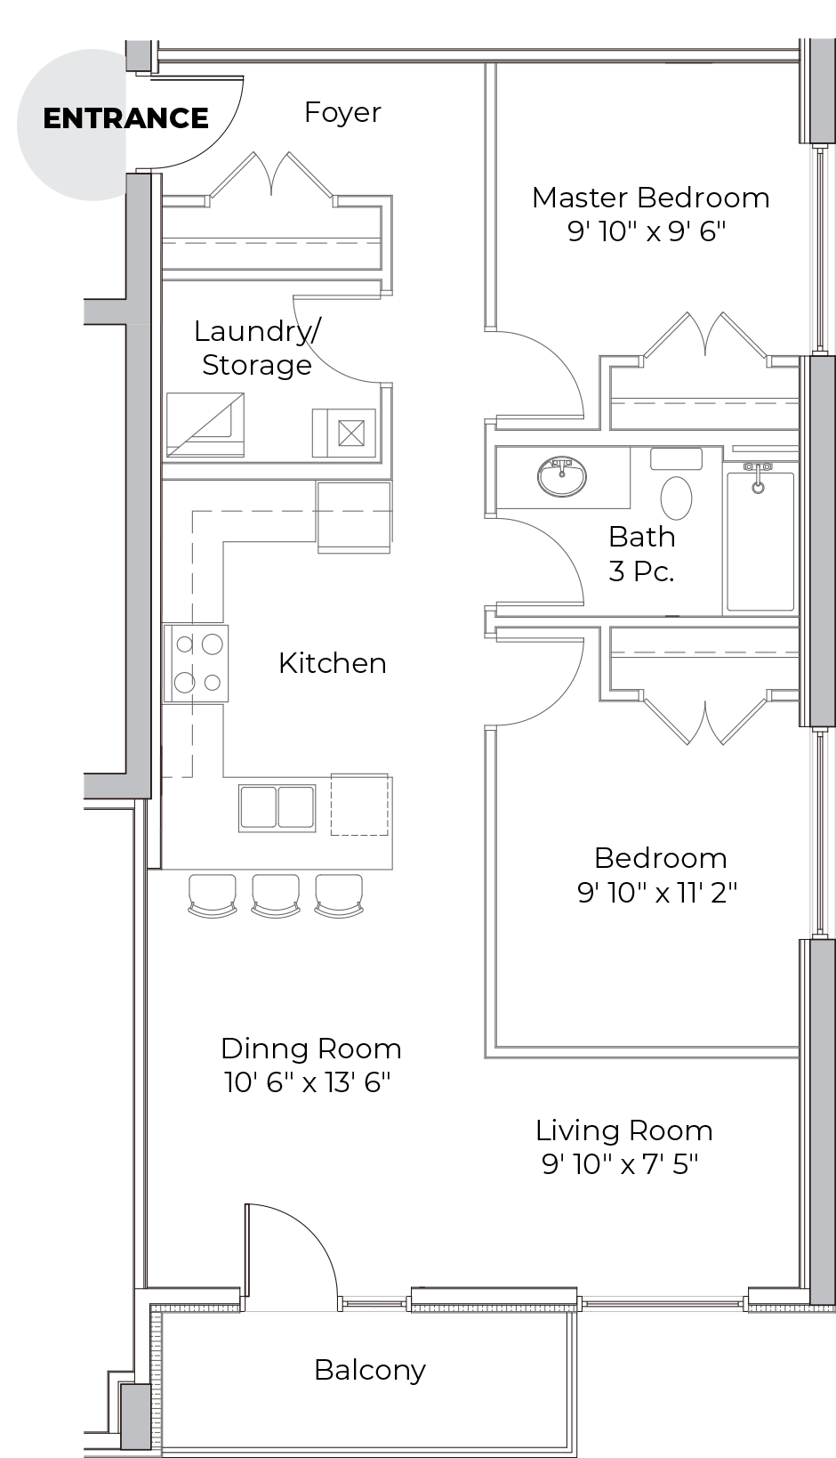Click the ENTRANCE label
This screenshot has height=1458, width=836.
click(x=125, y=118)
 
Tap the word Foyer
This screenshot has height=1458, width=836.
click(x=343, y=113)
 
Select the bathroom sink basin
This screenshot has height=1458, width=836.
click(x=561, y=476)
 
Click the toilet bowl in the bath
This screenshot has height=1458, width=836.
click(x=676, y=498)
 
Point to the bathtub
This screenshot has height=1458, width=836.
click(x=760, y=541)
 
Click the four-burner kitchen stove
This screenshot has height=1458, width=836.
click(x=195, y=663)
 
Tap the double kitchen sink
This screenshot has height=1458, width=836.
click(x=277, y=807)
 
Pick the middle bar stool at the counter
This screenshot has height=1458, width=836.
click(x=276, y=896)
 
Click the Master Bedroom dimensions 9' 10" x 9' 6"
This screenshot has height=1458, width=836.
click(x=646, y=231)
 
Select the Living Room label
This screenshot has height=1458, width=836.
click(x=624, y=1130)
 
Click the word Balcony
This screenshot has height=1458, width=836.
click(x=370, y=1370)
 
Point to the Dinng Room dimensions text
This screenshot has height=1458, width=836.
click(x=307, y=1082)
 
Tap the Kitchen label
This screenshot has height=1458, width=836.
click(x=333, y=663)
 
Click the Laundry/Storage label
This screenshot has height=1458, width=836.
click(x=257, y=347)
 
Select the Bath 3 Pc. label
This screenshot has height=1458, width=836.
click(x=641, y=554)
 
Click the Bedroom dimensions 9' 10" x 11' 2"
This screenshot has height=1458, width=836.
click(x=657, y=893)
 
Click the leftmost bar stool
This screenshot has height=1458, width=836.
click(x=212, y=896)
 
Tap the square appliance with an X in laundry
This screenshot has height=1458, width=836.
click(x=351, y=433)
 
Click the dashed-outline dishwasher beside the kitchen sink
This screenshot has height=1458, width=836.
click(x=360, y=805)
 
